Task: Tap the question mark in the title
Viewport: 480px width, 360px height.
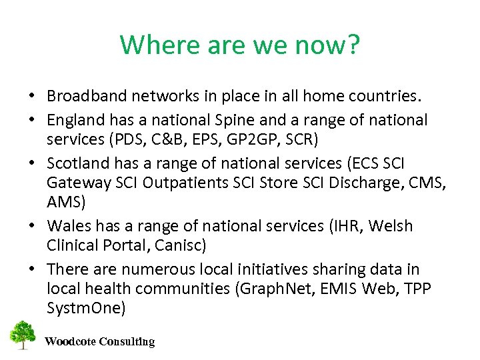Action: pos(353,45)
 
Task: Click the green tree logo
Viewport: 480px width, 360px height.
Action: pos(23,335)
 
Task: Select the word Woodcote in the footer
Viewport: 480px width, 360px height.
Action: pos(70,342)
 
